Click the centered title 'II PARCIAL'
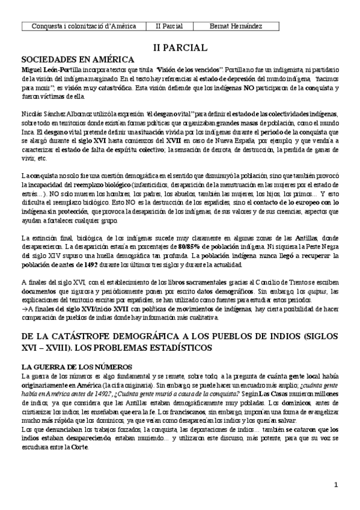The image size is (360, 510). pos(180,47)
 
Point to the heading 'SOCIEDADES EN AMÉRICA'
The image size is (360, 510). pos(78,60)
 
